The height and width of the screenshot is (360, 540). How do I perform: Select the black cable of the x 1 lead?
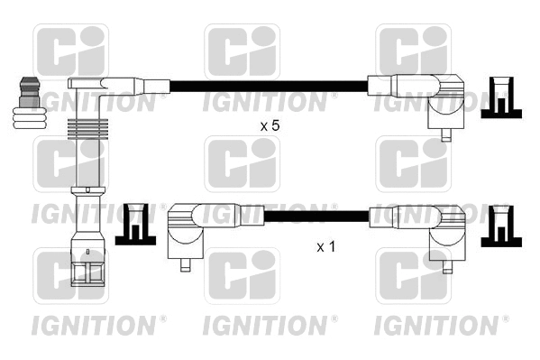316,217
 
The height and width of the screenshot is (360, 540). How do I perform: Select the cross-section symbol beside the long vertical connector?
134,224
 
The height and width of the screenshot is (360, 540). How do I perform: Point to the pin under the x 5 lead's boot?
445,136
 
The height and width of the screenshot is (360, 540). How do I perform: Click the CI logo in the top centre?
242,51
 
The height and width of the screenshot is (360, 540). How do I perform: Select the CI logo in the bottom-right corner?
412,278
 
